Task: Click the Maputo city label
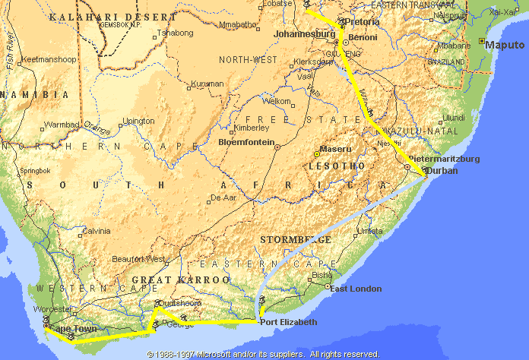(505, 43)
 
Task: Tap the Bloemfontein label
(244, 141)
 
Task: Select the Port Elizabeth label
(289, 322)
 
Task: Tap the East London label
(353, 288)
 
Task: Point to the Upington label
(139, 121)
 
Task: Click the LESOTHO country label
(334, 165)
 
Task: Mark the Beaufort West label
(138, 259)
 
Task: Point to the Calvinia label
(96, 231)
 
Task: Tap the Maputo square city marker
(482, 40)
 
